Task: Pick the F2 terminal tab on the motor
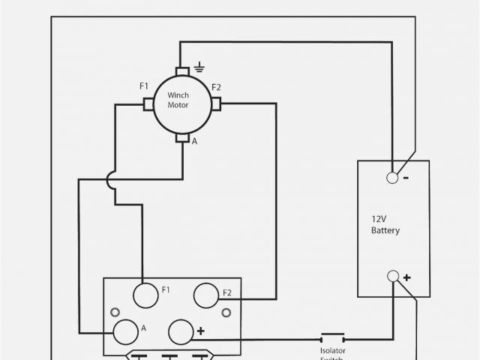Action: [x=216, y=104]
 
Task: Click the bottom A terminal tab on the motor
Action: [x=182, y=138]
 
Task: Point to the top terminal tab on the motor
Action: [x=182, y=71]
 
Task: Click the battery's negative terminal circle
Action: [x=392, y=178]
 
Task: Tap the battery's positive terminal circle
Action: [x=392, y=276]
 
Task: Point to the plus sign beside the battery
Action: [x=406, y=277]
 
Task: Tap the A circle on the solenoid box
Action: [x=124, y=330]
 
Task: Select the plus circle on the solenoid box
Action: [x=181, y=331]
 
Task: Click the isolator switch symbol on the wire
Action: [x=332, y=334]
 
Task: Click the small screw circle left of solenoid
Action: [x=115, y=312]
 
